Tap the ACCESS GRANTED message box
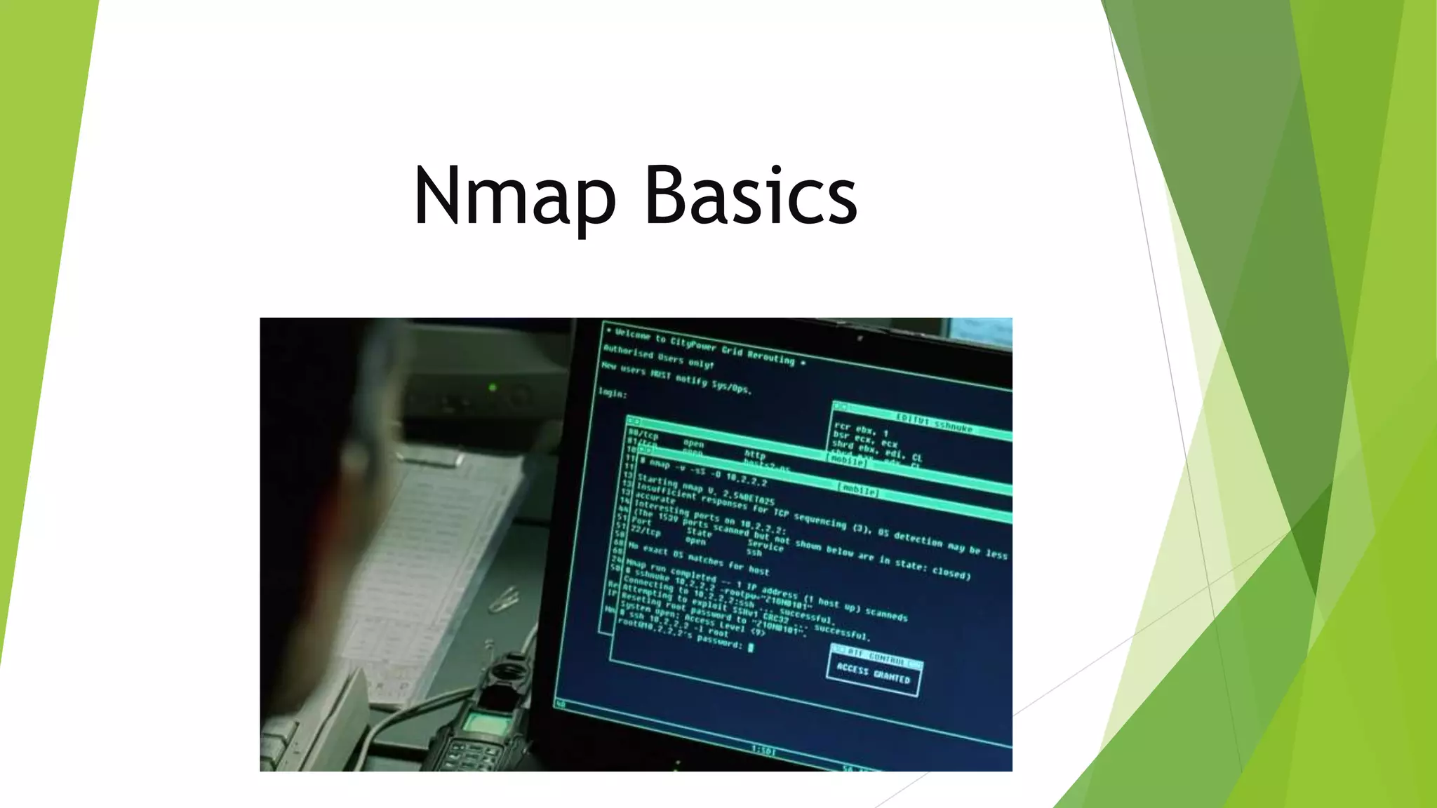[x=874, y=672]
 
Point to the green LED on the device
[x=493, y=387]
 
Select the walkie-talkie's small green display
[x=483, y=723]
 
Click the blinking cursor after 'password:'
[x=750, y=647]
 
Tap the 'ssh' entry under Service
[x=754, y=553]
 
